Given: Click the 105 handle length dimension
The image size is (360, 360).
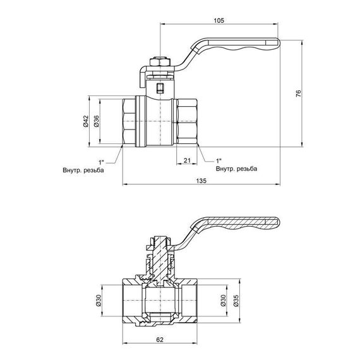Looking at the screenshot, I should coord(219,20).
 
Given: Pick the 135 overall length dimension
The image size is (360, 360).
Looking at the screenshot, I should coord(201,181).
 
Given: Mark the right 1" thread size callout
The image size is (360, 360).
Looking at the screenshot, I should coord(219,161).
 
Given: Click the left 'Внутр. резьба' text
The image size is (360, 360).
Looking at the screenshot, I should coord(83,170).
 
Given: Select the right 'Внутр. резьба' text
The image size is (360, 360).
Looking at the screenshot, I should coord(236,169).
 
